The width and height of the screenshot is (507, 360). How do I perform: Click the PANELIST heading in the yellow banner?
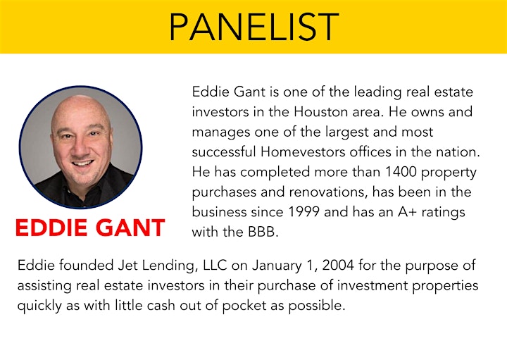pyautogui.click(x=254, y=27)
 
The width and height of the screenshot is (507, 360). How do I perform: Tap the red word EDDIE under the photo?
pyautogui.click(x=51, y=228)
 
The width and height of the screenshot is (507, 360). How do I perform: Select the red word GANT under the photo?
pyautogui.click(x=130, y=228)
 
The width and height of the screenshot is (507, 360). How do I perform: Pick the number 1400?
pyautogui.click(x=401, y=172)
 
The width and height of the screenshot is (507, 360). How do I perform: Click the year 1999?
pyautogui.click(x=303, y=212)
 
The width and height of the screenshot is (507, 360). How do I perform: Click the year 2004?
pyautogui.click(x=338, y=265)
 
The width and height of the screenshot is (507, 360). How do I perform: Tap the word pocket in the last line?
pyautogui.click(x=244, y=306)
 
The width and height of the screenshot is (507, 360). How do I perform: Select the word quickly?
pyautogui.click(x=39, y=306)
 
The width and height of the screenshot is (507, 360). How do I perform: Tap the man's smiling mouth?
pyautogui.click(x=83, y=163)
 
